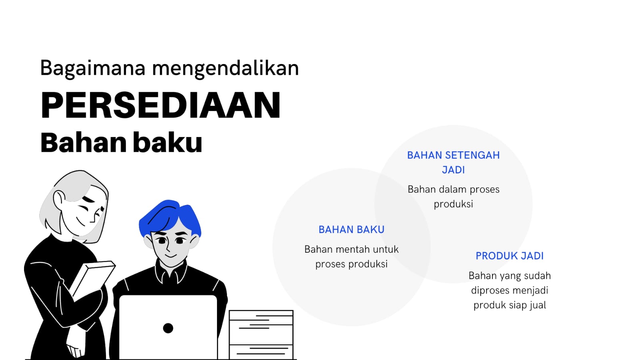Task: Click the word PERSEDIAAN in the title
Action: tap(161, 105)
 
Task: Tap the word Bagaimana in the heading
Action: tap(93, 68)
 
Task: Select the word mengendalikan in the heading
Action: tap(225, 68)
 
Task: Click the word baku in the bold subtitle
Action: tap(168, 143)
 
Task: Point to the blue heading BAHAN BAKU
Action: tap(351, 229)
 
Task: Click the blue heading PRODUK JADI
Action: tap(510, 256)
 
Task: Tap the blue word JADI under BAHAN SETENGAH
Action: tap(453, 170)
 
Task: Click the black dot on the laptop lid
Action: tap(168, 328)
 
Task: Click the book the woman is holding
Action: tap(92, 280)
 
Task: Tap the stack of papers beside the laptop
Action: tap(261, 334)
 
